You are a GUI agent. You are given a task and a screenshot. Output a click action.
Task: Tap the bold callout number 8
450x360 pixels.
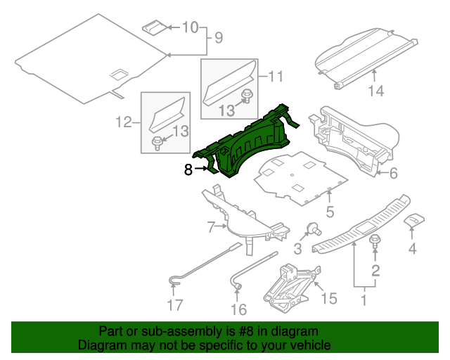pyautogui.click(x=188, y=169)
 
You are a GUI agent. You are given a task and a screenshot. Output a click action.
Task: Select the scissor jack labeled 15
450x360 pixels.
pyautogui.click(x=291, y=285)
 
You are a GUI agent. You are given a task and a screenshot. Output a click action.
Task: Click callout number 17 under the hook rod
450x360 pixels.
pyautogui.click(x=174, y=304)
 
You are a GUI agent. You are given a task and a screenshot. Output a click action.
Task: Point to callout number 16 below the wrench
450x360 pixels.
pyautogui.click(x=239, y=309)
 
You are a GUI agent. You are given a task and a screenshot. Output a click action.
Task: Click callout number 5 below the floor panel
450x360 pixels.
pyautogui.click(x=329, y=212)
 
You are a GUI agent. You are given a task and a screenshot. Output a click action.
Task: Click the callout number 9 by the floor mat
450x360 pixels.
pyautogui.click(x=218, y=37)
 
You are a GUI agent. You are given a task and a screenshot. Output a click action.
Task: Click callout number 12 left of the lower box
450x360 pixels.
pyautogui.click(x=124, y=122)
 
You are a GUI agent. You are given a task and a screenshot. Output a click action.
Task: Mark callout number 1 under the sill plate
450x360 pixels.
pyautogui.click(x=364, y=302)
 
